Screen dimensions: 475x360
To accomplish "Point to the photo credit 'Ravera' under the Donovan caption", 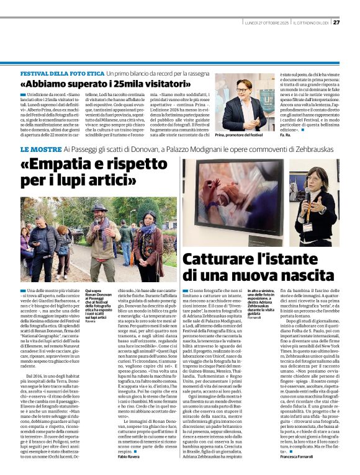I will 91,321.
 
